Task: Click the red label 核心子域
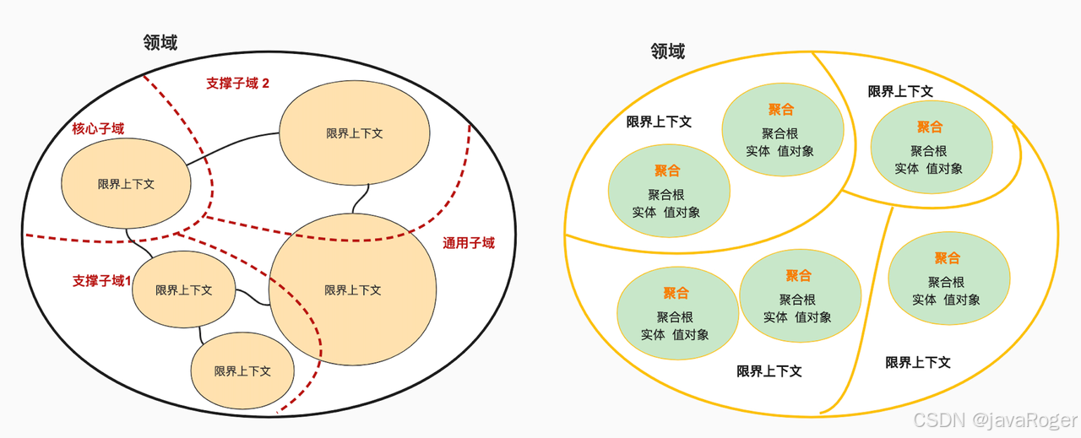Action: pyautogui.click(x=98, y=129)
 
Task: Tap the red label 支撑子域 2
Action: pyautogui.click(x=237, y=84)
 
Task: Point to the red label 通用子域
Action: pyautogui.click(x=468, y=243)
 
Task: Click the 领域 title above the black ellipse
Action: pyautogui.click(x=160, y=42)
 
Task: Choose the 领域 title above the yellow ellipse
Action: pyautogui.click(x=667, y=51)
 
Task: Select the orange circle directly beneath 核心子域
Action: pyautogui.click(x=126, y=183)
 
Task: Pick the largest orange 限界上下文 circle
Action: pyautogui.click(x=352, y=289)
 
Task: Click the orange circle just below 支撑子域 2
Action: pyautogui.click(x=354, y=133)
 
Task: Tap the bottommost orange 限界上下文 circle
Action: pyautogui.click(x=242, y=371)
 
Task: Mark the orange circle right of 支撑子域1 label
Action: pyautogui.click(x=183, y=289)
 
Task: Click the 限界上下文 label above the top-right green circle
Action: pyautogui.click(x=900, y=91)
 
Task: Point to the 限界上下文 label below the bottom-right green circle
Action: pyautogui.click(x=918, y=362)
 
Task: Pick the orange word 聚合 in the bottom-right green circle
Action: pyautogui.click(x=947, y=258)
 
